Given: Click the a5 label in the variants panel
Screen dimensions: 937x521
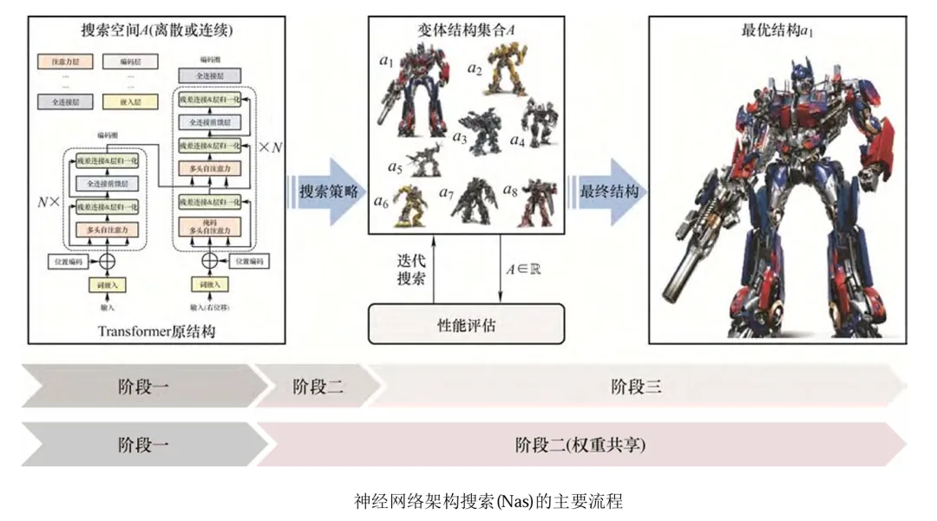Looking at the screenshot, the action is (396, 166).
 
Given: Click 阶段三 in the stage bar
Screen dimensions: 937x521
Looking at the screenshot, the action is (636, 387).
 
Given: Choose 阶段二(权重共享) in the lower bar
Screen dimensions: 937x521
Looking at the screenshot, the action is (580, 445).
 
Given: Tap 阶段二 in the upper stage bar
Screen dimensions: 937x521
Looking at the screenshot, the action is (318, 387).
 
